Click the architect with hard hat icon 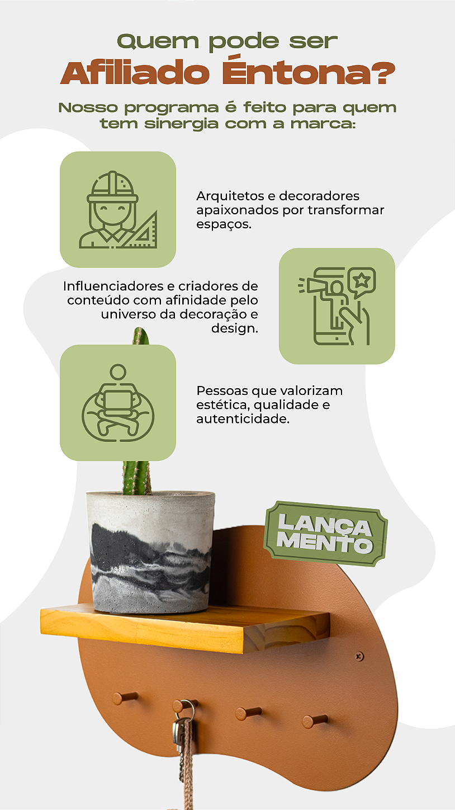(118, 209)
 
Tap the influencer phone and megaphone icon (336, 306)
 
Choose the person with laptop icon (118, 402)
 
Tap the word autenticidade (243, 419)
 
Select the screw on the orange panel (359, 656)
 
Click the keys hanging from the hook (180, 733)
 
